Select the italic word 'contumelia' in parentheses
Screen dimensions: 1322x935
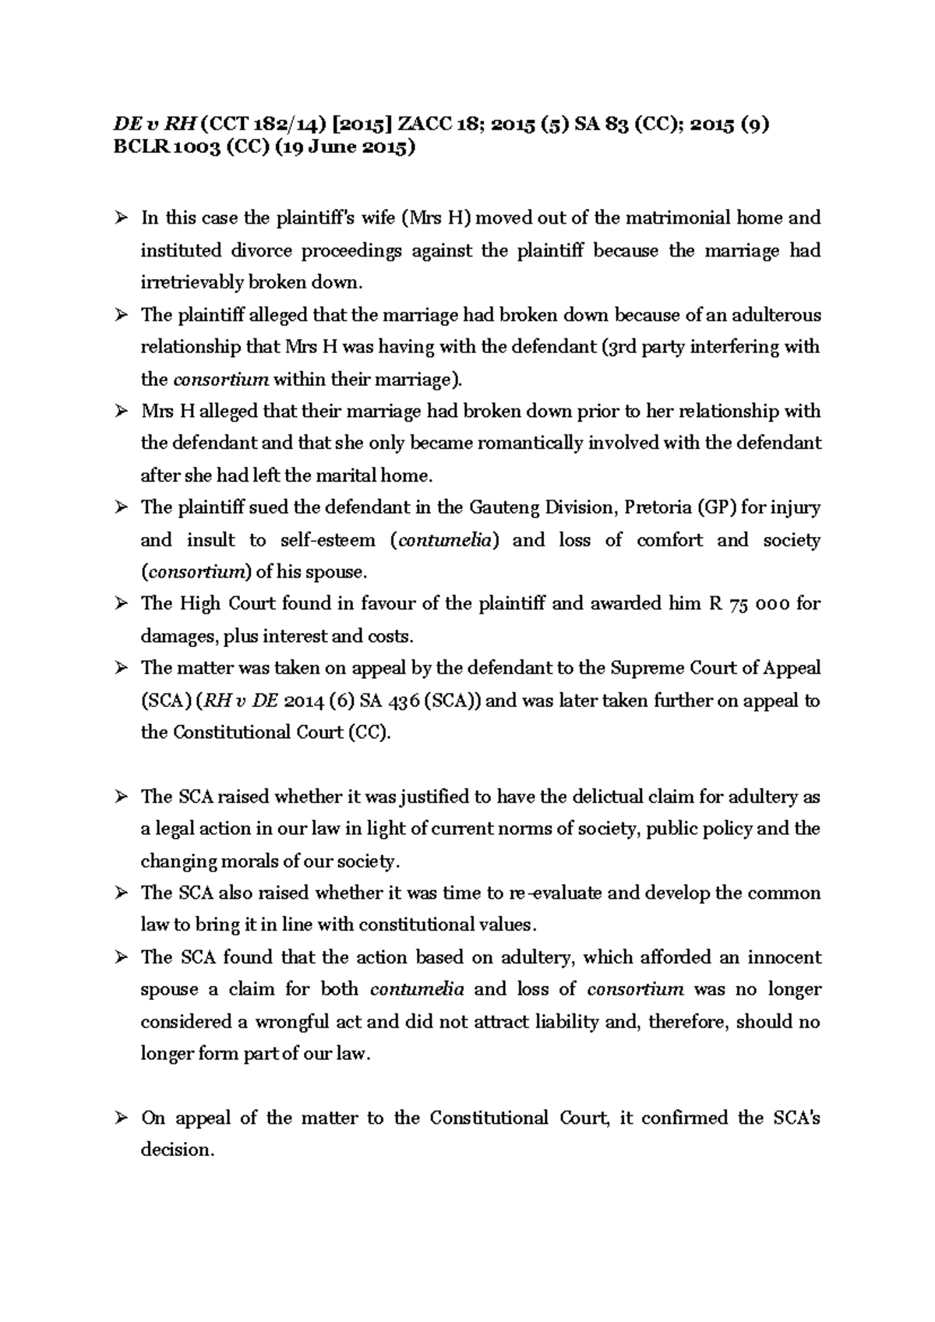pyautogui.click(x=443, y=540)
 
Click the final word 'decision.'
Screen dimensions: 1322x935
pyautogui.click(x=177, y=1150)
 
